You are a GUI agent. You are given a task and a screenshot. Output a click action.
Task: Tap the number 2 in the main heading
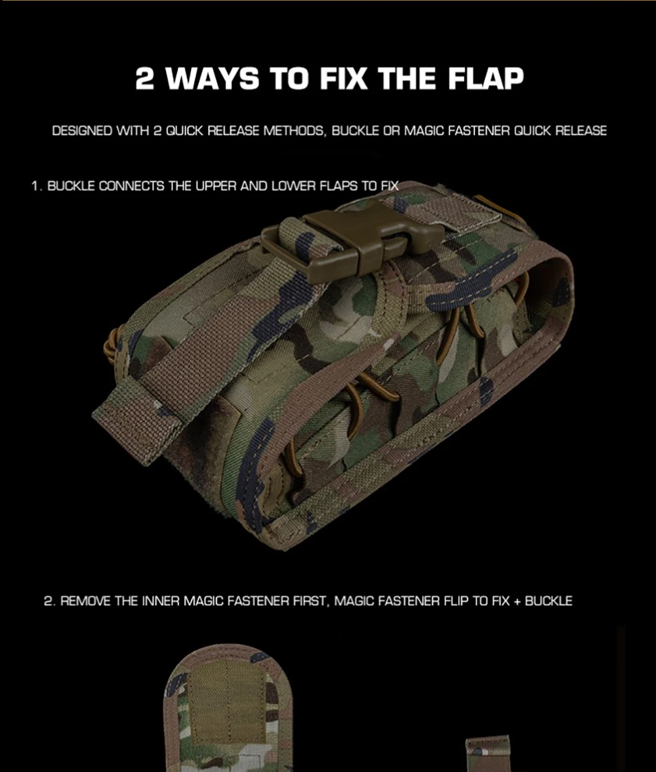pos(144,79)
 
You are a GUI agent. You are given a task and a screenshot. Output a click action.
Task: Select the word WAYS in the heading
pos(213,79)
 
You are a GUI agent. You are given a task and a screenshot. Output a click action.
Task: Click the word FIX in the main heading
pos(344,79)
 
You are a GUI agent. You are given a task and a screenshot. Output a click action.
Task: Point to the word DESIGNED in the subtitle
pos(82,131)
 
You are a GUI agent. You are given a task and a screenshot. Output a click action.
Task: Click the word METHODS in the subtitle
pos(294,131)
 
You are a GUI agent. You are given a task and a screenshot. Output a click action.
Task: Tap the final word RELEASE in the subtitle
pos(581,131)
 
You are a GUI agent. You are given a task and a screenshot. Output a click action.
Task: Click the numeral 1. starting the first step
pos(37,186)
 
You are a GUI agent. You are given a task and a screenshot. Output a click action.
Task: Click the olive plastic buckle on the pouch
pos(352,241)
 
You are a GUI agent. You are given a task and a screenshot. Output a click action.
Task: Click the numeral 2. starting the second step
pos(49,601)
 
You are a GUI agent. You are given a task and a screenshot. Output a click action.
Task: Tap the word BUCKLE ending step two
pos(548,601)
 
